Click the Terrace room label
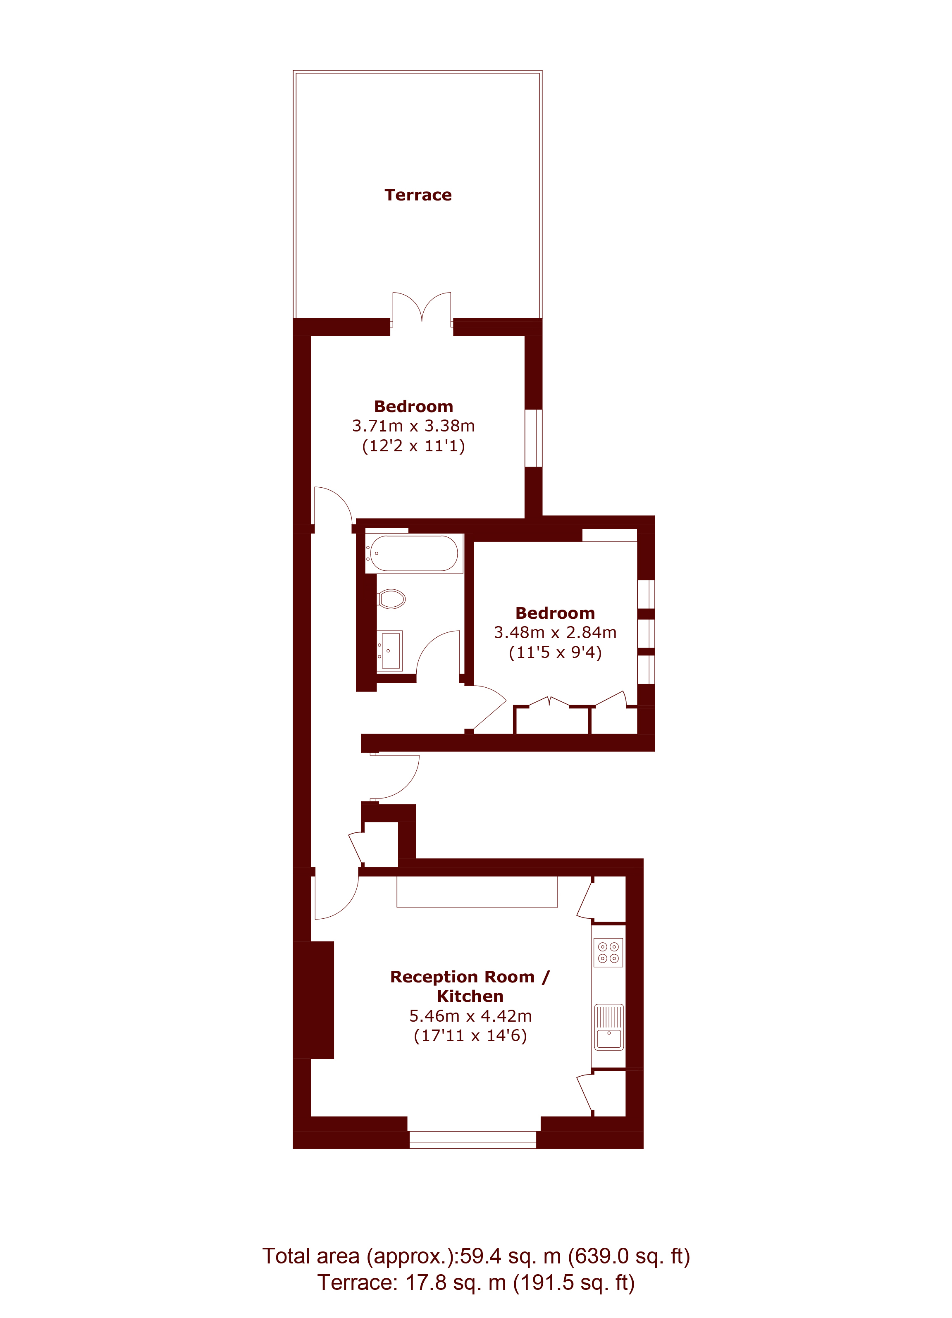pos(418,195)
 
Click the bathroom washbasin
pos(389,651)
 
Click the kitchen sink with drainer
pos(608,1027)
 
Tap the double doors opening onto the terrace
pos(421,308)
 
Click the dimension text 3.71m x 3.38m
pos(413,426)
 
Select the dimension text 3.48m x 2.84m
pos(555,632)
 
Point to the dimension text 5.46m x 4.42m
pos(470,1016)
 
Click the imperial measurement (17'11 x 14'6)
pos(470,1036)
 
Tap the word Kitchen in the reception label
pos(470,996)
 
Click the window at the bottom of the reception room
pos(472,1139)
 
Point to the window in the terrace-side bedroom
pos(534,438)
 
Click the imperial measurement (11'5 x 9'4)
pos(555,653)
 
